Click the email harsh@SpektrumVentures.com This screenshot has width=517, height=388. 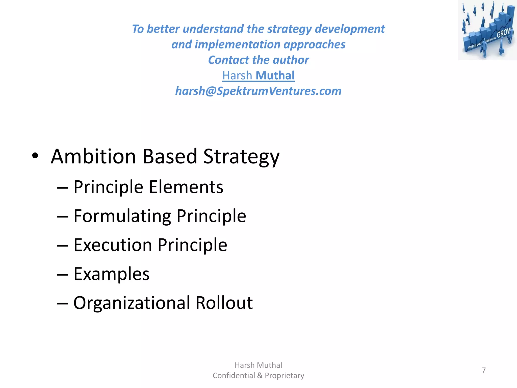258,91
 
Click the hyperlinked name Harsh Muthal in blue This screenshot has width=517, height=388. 258,76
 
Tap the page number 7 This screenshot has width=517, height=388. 484,370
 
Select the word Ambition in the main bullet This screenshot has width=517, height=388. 93,156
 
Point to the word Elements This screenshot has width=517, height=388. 186,187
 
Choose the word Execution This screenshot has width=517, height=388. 113,245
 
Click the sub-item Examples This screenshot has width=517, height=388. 111,274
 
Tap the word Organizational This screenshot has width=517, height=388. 132,303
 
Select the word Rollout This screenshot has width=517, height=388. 224,303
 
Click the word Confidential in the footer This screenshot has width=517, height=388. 234,376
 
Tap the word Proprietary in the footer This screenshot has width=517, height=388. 284,376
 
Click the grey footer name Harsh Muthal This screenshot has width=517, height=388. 258,365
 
